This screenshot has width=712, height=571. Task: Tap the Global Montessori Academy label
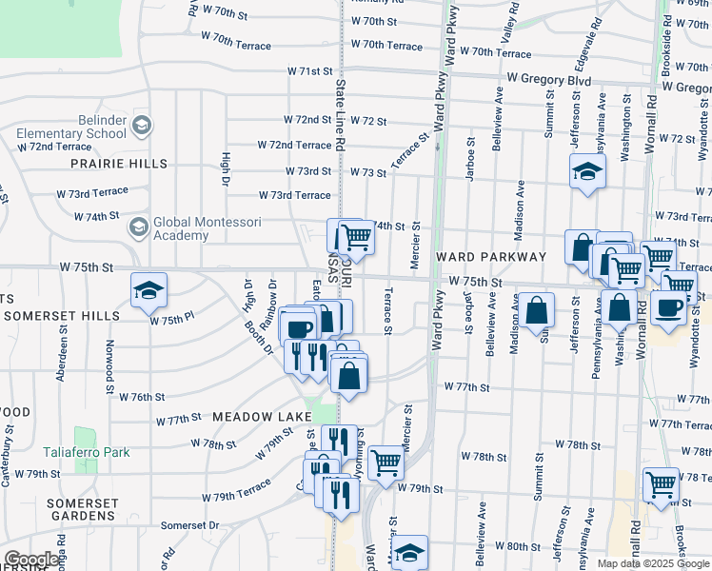[181, 228]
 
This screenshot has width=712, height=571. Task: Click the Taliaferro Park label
[86, 452]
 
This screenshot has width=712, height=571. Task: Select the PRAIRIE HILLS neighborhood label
[119, 164]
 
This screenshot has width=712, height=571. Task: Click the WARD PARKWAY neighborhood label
[491, 257]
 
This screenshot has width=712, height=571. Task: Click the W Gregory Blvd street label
[549, 80]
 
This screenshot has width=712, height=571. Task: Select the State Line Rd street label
[339, 114]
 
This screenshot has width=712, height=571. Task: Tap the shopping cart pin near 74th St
[355, 236]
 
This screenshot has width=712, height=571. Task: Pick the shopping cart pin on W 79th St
[386, 463]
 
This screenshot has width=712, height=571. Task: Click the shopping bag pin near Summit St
[537, 309]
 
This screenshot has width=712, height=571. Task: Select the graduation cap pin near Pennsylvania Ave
[587, 172]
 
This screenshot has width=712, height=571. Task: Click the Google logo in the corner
[31, 560]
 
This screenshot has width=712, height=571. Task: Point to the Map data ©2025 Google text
[652, 563]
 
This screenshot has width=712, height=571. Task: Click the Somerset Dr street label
[189, 525]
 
